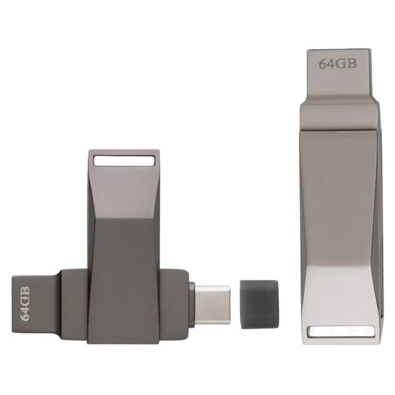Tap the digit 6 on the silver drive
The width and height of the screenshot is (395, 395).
click(323, 64)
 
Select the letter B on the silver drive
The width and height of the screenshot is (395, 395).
click(352, 63)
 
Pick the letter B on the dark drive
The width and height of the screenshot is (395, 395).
click(25, 291)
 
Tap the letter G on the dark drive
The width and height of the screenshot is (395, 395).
click(25, 301)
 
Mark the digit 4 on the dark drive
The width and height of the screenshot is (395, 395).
click(25, 309)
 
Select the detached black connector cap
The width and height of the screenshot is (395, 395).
click(259, 304)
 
